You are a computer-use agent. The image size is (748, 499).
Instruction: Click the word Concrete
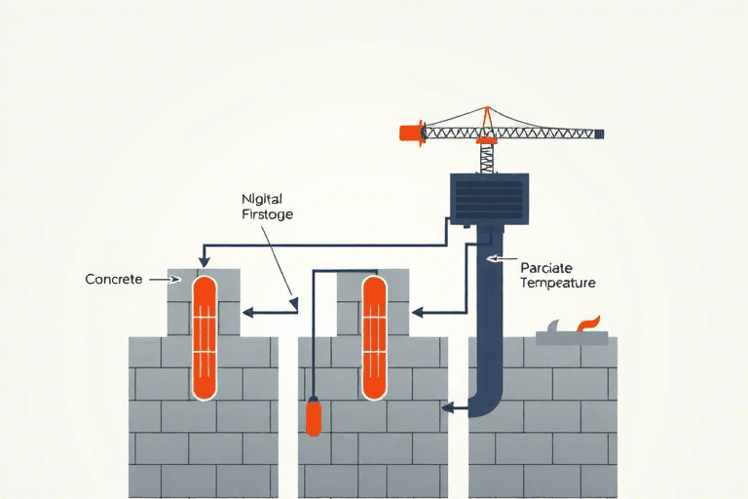tap(114, 280)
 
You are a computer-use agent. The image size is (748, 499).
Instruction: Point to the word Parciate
tap(544, 266)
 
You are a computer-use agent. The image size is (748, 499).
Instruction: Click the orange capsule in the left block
tap(204, 336)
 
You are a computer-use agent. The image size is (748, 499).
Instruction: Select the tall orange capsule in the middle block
tap(373, 336)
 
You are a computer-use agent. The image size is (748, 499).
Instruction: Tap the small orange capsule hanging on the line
tap(314, 417)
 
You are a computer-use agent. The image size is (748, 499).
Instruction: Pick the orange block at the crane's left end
tap(412, 133)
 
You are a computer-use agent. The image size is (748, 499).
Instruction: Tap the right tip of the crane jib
tap(601, 133)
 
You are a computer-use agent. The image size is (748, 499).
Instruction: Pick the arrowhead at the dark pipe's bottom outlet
tap(448, 408)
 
